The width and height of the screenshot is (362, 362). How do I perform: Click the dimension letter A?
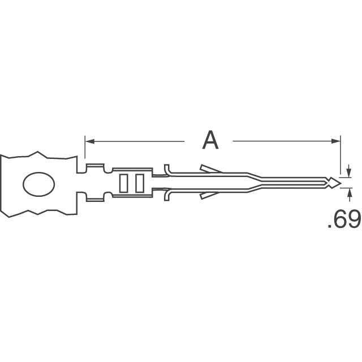coord(210,140)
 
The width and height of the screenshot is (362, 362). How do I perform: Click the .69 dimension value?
coord(344,219)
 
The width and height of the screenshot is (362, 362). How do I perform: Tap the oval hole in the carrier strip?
coord(39,184)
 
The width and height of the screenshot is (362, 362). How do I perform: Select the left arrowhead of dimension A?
coord(90,141)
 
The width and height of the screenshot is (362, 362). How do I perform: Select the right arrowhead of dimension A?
coord(336,141)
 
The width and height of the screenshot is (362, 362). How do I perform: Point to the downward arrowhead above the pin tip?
coord(349,172)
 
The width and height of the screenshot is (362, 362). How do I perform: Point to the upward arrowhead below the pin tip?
coord(350,192)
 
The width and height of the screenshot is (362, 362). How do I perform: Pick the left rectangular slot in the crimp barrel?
coord(123,183)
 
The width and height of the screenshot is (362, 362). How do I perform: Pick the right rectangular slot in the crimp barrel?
coord(140,183)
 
